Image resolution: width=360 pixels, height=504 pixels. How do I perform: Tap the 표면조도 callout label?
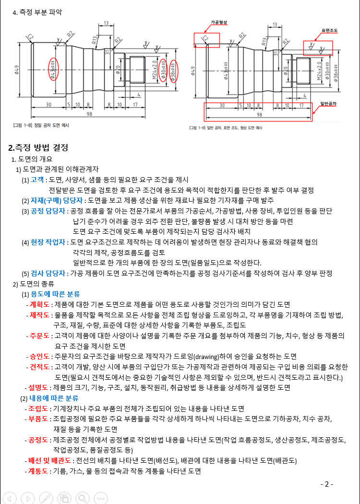[x=329, y=31]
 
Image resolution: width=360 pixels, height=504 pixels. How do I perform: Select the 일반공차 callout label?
[x=328, y=103]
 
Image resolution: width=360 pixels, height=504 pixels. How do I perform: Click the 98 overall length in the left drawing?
[x=89, y=114]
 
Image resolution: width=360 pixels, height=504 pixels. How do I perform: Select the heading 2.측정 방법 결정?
[x=38, y=147]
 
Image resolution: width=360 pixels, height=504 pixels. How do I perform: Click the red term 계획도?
[x=40, y=304]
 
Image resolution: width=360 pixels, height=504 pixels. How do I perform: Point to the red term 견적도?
[x=40, y=367]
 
